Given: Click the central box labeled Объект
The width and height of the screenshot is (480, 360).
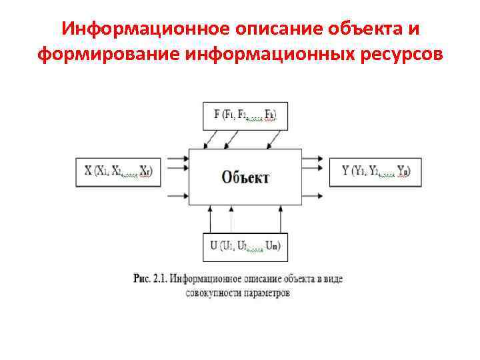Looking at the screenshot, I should click(245, 177).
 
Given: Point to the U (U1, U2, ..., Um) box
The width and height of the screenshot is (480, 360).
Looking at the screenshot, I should click(245, 246).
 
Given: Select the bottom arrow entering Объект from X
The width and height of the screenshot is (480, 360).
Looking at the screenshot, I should click(178, 196).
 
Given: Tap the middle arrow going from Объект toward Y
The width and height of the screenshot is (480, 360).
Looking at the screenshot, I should click(313, 177).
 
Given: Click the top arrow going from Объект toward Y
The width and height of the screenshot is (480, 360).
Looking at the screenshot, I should click(313, 160).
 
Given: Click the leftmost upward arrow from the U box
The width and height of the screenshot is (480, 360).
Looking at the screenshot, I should click(211, 218).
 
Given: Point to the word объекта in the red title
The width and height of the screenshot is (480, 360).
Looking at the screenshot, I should click(361, 30).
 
